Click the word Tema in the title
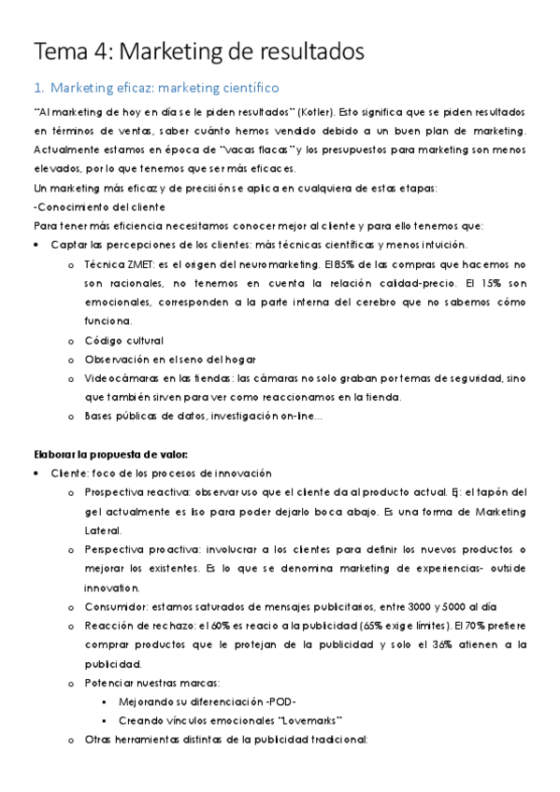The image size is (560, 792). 59,51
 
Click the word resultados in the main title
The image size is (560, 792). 301,51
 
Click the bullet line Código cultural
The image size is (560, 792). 123,340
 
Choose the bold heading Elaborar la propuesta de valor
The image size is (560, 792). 110,455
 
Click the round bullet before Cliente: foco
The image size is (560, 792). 36,474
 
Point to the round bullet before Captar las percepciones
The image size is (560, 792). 36,246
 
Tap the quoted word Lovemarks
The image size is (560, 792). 310,721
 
